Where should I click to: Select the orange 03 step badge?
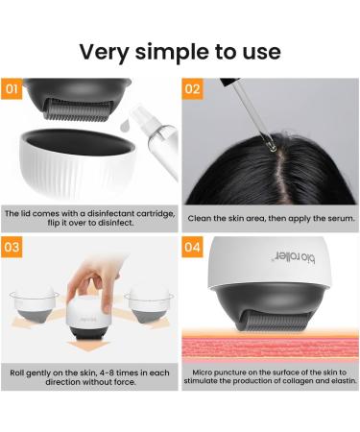tap(13, 247)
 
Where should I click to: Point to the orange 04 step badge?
tap(192, 247)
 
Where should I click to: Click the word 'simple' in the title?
tap(182, 50)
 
